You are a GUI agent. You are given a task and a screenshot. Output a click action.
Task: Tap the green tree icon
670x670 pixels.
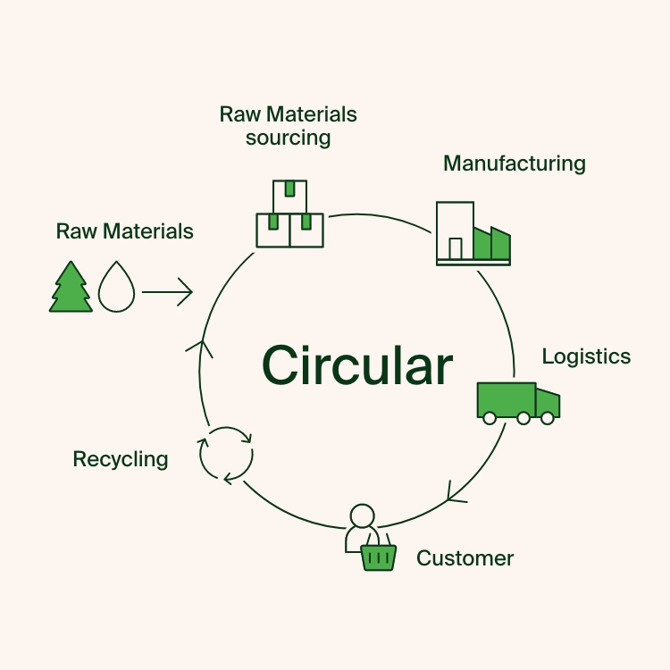pos(71,287)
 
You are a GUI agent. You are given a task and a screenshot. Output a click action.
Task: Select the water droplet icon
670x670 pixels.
pos(115,287)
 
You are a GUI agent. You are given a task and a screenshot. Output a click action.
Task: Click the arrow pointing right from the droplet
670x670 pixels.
pos(167,291)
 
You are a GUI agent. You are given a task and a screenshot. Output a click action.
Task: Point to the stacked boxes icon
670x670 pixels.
pos(289,214)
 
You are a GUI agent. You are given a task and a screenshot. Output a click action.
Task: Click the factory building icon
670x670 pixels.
pos(473,233)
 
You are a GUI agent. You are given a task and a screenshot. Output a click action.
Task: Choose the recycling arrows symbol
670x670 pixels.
pos(226,455)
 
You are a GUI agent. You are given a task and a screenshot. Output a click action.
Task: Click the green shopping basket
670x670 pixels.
pos(378,557)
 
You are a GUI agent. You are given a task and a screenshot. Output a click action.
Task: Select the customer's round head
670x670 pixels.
pos(362,516)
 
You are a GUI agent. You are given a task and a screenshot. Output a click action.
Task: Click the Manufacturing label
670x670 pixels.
pos(515,163)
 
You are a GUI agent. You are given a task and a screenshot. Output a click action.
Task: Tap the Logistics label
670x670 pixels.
pos(586,356)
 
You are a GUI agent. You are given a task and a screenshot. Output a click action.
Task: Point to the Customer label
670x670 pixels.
pos(465,559)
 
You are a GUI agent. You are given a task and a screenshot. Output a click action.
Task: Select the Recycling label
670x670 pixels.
pos(121,459)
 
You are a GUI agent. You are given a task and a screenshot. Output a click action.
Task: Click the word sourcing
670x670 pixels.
pos(288,138)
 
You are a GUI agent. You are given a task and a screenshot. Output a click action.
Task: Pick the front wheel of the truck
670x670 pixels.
pos(548,418)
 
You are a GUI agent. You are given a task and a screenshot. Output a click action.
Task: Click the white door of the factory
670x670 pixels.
pos(456,247)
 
